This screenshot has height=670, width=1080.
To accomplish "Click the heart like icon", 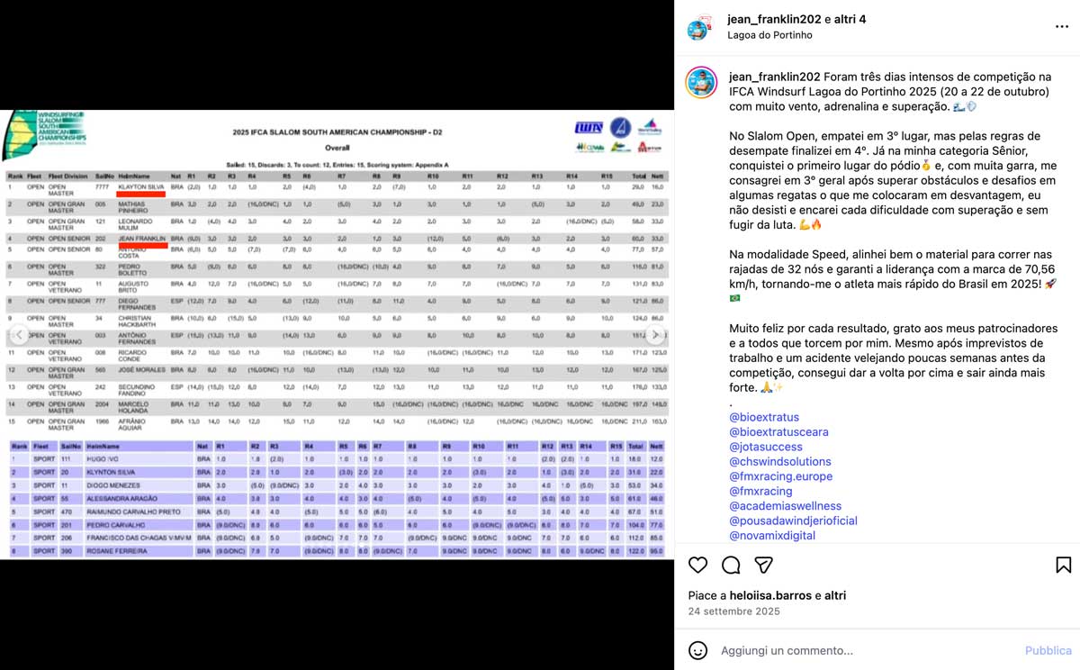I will pyautogui.click(x=697, y=565).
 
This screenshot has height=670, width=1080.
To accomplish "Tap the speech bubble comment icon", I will pyautogui.click(x=731, y=565).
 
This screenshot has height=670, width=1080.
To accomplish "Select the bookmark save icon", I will pyautogui.click(x=1063, y=565).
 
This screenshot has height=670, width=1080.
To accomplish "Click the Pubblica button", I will pyautogui.click(x=1048, y=650).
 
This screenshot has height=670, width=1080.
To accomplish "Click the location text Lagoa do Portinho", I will pyautogui.click(x=769, y=35).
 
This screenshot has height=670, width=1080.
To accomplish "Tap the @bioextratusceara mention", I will pyautogui.click(x=779, y=432).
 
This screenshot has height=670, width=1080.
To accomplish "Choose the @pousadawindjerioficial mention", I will pyautogui.click(x=793, y=521).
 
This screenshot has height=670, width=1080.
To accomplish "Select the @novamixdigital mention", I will pyautogui.click(x=772, y=536).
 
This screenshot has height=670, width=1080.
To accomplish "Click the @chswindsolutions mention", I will pyautogui.click(x=780, y=462).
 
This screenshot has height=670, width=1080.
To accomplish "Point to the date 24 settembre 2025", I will pyautogui.click(x=733, y=612).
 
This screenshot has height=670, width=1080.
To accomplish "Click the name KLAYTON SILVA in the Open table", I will pyautogui.click(x=140, y=186).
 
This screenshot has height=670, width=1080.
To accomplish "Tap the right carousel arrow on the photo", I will pyautogui.click(x=657, y=335).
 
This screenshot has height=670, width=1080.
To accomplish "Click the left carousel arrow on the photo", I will pyautogui.click(x=17, y=335).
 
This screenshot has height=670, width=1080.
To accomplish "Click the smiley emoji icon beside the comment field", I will pyautogui.click(x=697, y=650).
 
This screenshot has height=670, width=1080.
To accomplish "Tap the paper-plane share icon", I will pyautogui.click(x=763, y=565).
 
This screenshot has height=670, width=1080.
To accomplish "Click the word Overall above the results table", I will pyautogui.click(x=337, y=147).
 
